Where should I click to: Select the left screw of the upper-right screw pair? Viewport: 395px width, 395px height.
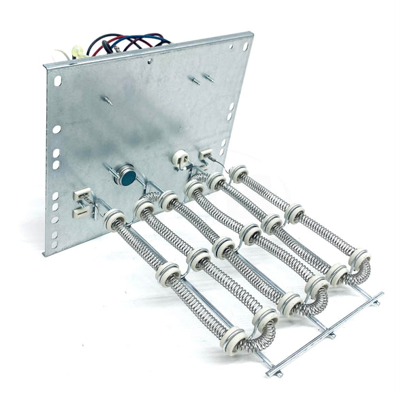(194, 82)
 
